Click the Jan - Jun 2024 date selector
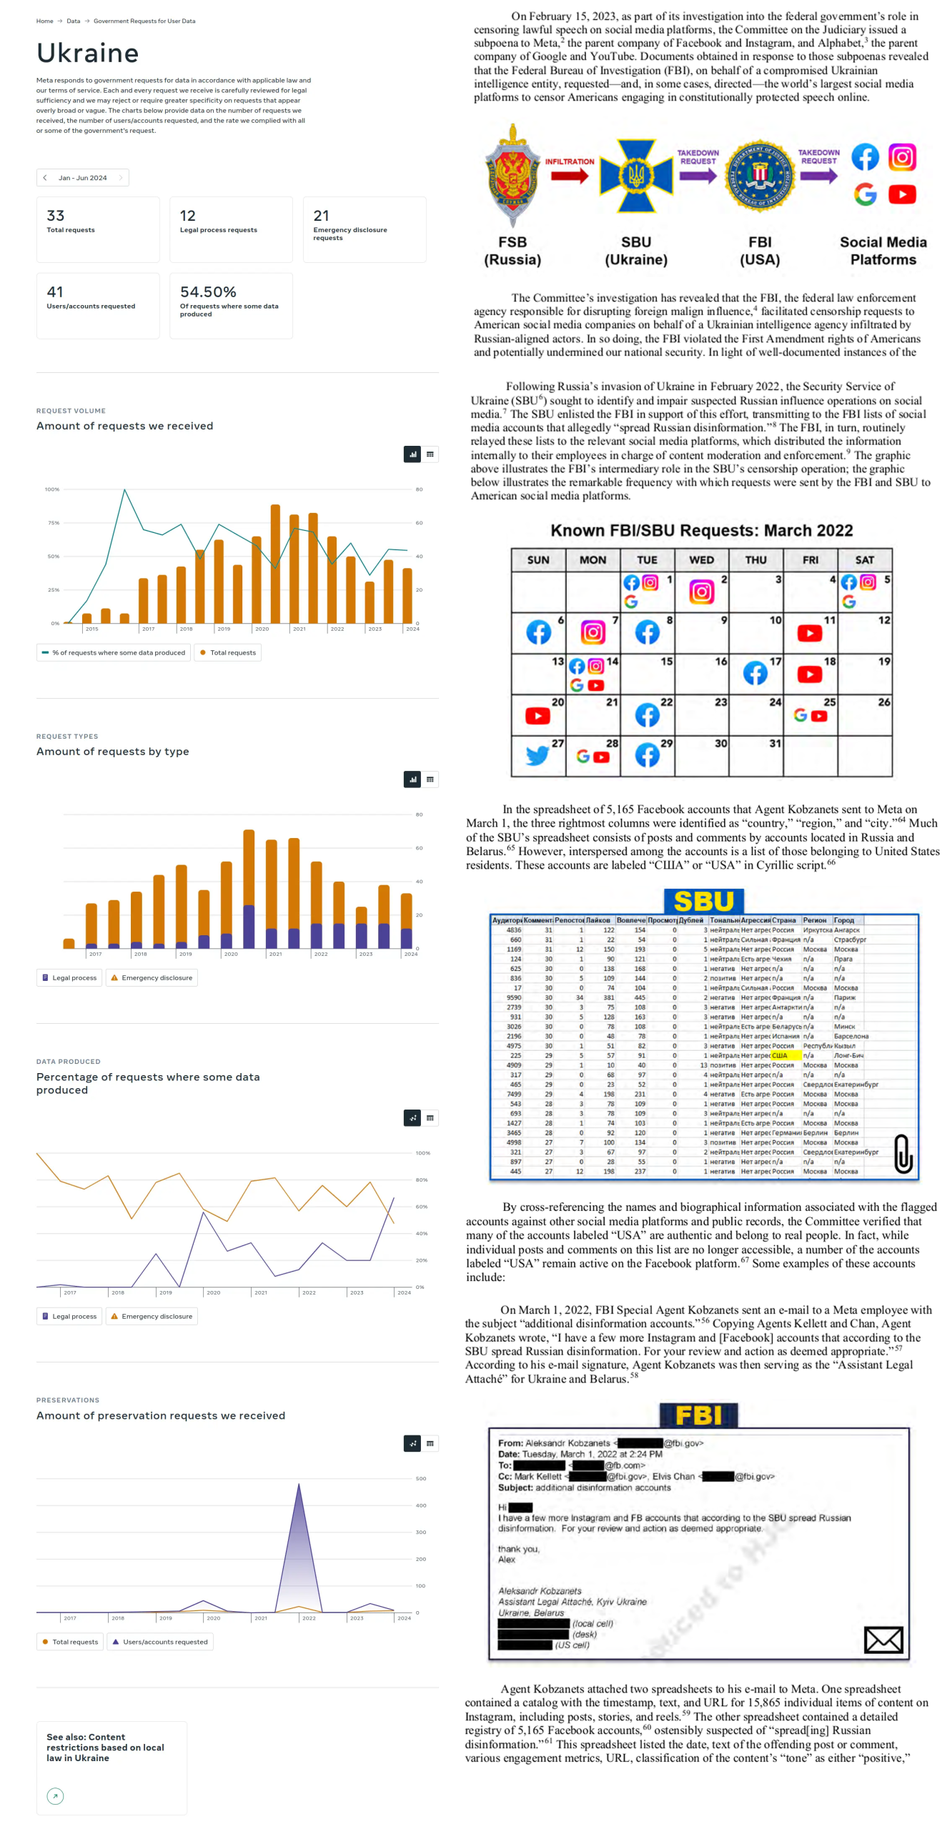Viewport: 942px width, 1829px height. coord(82,178)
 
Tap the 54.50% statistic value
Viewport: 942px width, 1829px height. coord(208,292)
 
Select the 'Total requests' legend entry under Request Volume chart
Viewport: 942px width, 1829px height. coord(228,652)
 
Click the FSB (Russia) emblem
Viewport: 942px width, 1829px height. coord(512,175)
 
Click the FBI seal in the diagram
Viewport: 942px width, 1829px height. coord(760,175)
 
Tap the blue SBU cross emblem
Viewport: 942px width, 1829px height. coord(636,175)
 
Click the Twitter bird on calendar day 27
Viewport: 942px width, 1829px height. coord(537,755)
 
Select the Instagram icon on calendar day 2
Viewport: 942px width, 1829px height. coord(701,592)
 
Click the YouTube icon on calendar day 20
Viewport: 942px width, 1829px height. coord(537,716)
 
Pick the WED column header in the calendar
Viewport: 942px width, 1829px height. coord(701,560)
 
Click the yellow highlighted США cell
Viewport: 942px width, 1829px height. coord(783,1055)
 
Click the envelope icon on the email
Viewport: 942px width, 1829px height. coord(883,1640)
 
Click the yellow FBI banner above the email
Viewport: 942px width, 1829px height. coord(698,1415)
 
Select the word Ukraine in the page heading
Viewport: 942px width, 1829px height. coord(88,54)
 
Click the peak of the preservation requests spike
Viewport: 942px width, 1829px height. coord(298,1485)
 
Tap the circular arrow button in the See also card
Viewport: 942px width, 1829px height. coord(55,1795)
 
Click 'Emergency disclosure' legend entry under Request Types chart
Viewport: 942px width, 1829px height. coord(152,977)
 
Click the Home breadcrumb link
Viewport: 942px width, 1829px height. coord(44,21)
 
